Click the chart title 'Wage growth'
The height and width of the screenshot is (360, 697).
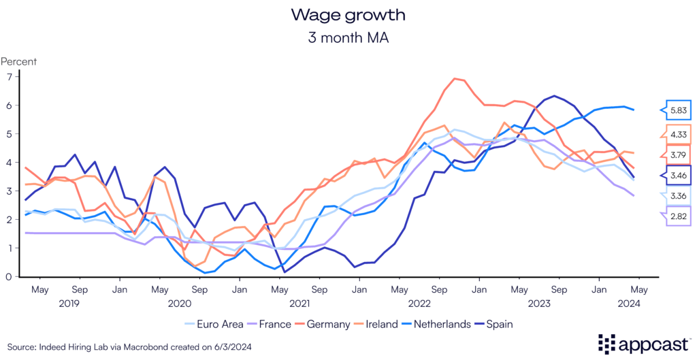coord(348,14)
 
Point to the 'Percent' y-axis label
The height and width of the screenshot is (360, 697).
coord(18,61)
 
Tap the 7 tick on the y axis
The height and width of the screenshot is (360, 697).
coord(10,76)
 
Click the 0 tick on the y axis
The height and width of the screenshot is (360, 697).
coord(10,276)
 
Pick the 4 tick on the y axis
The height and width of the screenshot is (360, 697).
coord(10,162)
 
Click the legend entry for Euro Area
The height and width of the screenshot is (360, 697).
coord(214,324)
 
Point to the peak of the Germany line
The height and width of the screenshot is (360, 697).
coord(455,78)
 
